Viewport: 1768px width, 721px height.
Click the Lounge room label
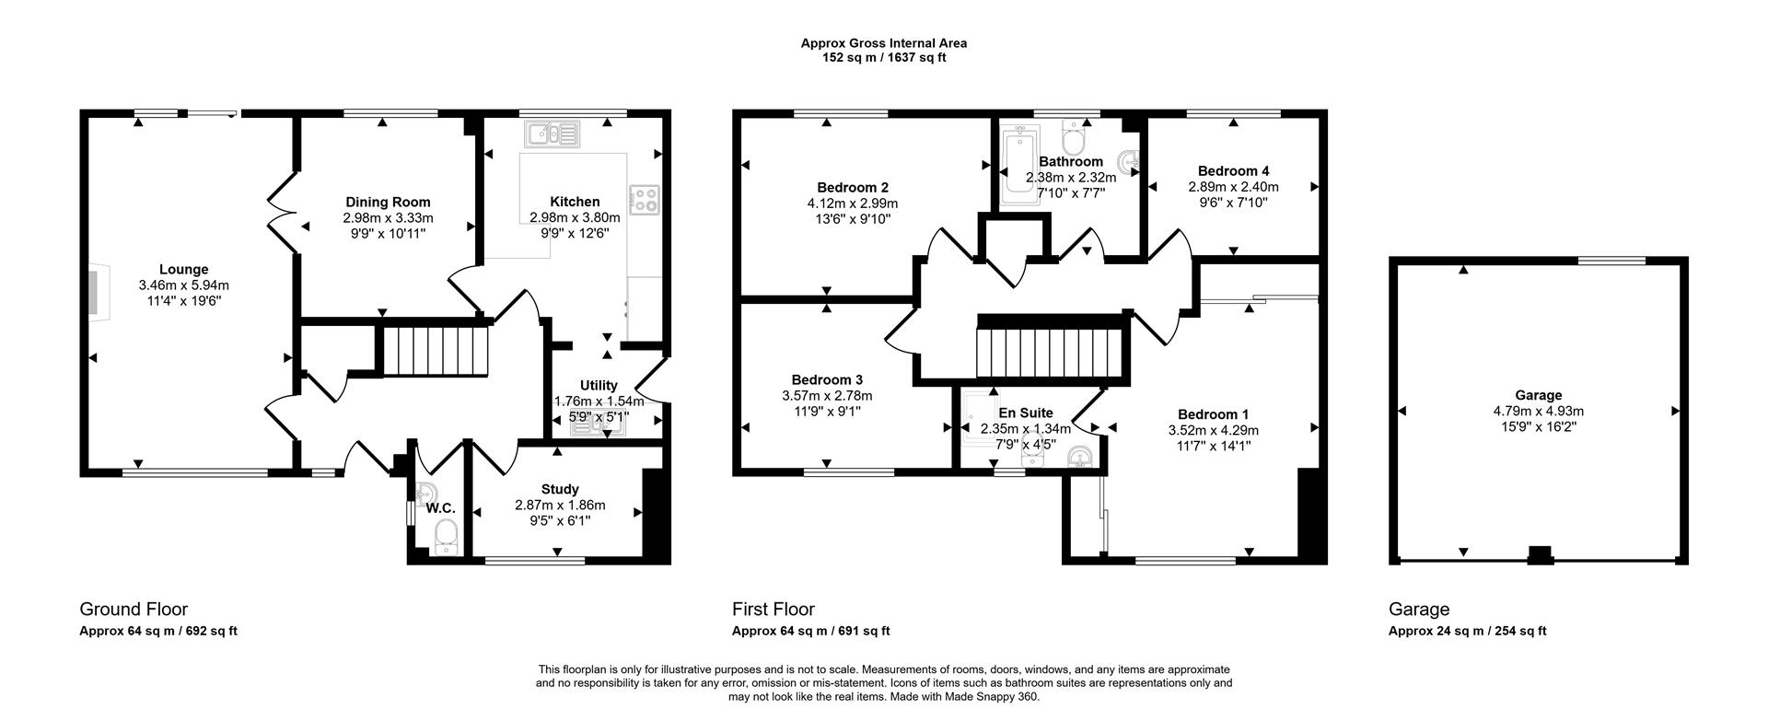(183, 270)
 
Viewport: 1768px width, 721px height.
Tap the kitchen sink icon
(552, 135)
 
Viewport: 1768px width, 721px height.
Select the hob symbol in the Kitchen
(645, 200)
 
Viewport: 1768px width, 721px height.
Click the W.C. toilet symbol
(446, 535)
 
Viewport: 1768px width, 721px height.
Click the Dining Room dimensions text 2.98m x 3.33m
(388, 218)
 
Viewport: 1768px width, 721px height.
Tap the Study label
(560, 489)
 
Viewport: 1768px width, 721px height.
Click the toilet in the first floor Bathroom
(1074, 138)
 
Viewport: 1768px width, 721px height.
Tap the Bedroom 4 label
(1233, 170)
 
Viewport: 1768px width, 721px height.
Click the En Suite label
(1025, 413)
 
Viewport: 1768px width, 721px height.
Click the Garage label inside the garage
(1538, 395)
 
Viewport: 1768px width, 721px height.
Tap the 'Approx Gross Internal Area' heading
(883, 42)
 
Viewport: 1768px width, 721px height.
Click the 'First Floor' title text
(773, 609)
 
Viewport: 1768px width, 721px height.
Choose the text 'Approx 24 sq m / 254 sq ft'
(1467, 631)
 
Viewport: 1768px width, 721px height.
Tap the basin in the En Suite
(1080, 458)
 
